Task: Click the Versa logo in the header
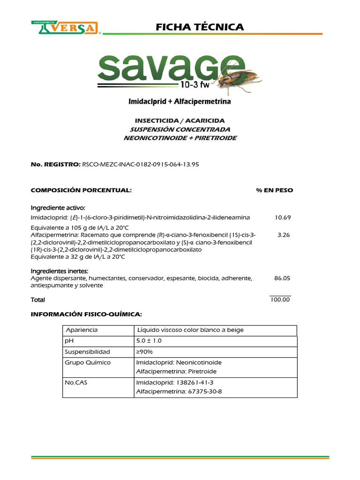tap(67, 28)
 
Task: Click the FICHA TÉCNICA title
tap(200, 27)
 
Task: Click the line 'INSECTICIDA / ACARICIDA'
tap(180, 120)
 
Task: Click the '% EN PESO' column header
tap(274, 190)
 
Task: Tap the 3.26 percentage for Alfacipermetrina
tap(284, 235)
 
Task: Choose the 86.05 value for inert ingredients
tap(282, 278)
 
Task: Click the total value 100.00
tap(280, 300)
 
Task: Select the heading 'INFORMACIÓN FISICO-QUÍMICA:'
tap(86, 313)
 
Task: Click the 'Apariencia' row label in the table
tap(82, 330)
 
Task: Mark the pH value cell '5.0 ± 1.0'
tap(152, 341)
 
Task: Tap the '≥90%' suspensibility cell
tap(144, 352)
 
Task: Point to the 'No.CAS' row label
tap(75, 382)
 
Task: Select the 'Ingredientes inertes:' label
tap(60, 271)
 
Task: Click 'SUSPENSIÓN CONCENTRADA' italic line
tap(180, 129)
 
